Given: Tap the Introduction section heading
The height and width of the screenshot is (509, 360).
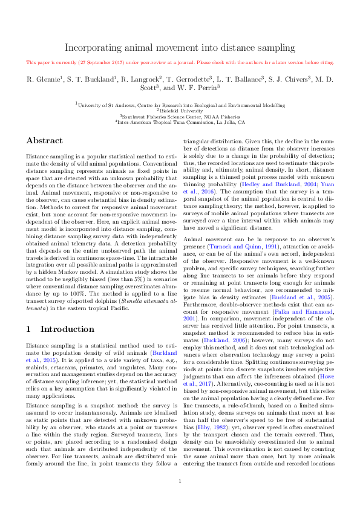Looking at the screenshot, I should (x=60, y=329).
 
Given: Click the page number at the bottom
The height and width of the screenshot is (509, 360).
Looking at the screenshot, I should (x=180, y=481).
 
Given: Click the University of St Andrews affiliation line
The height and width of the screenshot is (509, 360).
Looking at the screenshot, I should (x=180, y=105).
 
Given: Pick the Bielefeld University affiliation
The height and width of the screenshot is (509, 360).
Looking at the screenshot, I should (x=180, y=110).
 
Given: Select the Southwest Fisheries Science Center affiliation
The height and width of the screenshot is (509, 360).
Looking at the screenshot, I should (x=180, y=116).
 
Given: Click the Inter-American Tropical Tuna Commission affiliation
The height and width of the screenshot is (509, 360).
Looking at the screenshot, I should (x=180, y=122).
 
